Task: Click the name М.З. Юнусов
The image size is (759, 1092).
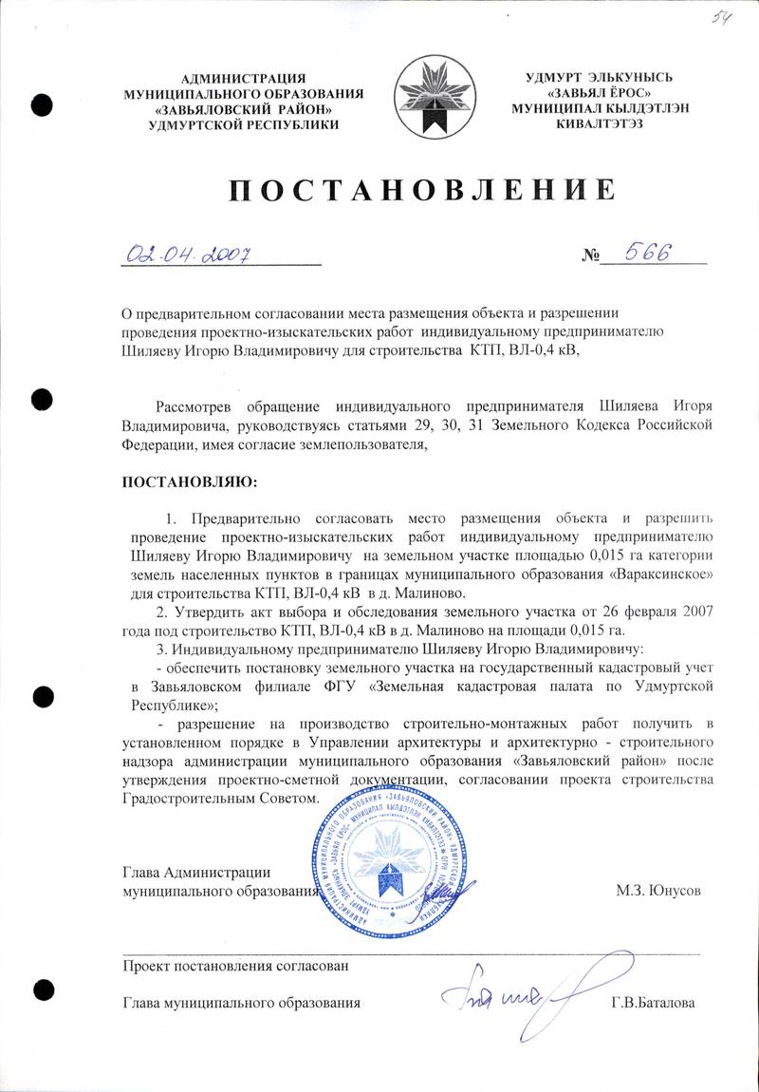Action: tap(659, 892)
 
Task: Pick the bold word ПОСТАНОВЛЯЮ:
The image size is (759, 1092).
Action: tap(189, 483)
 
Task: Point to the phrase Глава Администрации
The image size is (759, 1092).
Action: tap(198, 873)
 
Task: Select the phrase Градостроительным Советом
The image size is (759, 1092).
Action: tap(217, 799)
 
